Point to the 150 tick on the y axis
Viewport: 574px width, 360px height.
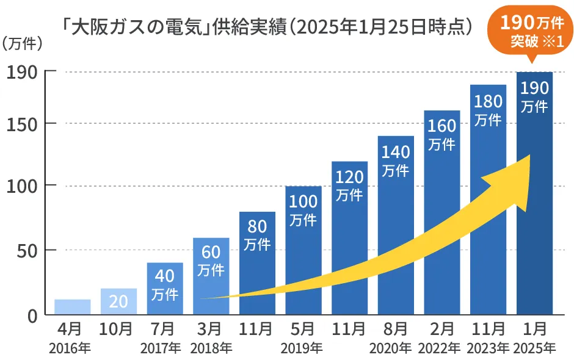pos(23,123)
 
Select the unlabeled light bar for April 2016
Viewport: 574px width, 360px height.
pos(72,307)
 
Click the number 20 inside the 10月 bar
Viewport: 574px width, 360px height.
pos(118,301)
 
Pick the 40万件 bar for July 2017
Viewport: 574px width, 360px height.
pos(165,289)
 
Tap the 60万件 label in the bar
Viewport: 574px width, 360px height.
pos(211,260)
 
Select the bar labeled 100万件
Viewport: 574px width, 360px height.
pos(303,250)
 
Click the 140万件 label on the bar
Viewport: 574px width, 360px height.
pos(396,160)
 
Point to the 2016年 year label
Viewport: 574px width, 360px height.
pos(72,348)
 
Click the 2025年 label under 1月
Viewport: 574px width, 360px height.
pos(534,348)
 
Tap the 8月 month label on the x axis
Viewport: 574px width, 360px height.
pos(396,329)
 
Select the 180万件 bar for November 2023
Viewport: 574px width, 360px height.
pos(488,201)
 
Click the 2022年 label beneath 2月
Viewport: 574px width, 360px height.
pos(441,348)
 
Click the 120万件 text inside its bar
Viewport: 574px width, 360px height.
pos(350,186)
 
